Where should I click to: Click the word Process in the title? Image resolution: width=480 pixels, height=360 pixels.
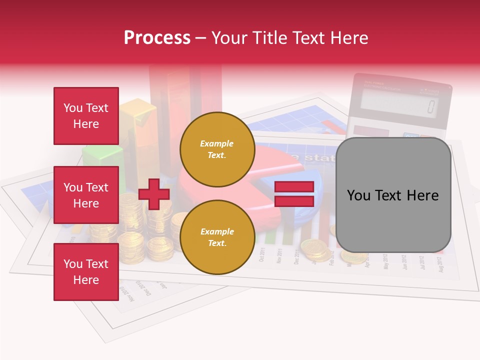tap(157, 38)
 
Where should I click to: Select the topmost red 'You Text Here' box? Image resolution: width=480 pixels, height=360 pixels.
tap(86, 116)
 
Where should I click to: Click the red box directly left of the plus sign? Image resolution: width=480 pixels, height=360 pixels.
tap(86, 195)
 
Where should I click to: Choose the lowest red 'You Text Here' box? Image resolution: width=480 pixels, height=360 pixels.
tap(86, 271)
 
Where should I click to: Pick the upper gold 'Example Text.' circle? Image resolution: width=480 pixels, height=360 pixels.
tap(217, 149)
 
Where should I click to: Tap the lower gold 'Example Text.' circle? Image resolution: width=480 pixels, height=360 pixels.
tap(217, 237)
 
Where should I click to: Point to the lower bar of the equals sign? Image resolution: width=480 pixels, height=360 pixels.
tap(294, 201)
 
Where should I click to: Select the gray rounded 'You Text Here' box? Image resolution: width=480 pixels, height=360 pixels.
tap(393, 195)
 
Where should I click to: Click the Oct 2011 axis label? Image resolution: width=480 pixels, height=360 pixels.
tap(262, 255)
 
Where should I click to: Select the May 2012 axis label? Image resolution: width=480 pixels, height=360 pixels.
tap(385, 261)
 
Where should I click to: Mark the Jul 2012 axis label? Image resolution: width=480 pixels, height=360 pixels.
tap(422, 262)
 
